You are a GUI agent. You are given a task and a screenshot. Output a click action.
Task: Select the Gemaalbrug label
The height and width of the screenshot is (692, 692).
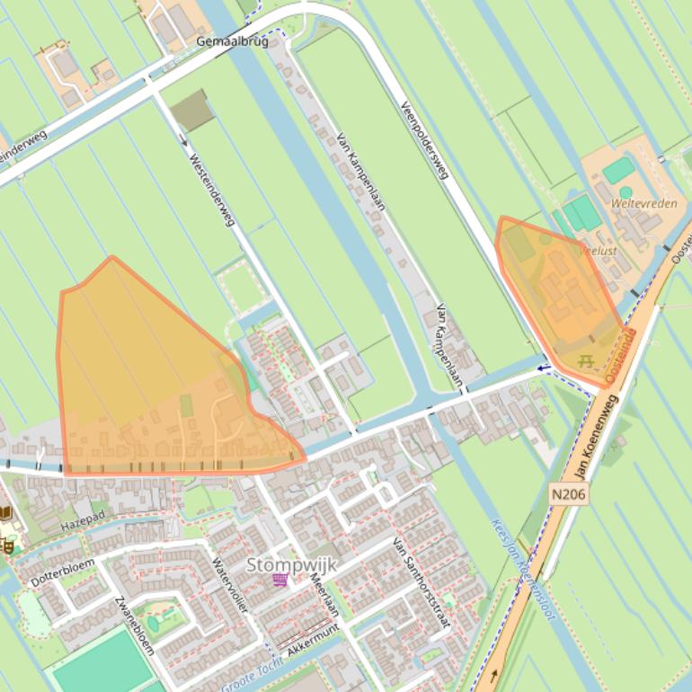232,42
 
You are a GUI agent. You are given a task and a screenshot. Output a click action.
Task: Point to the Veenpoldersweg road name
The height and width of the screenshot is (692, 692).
424,138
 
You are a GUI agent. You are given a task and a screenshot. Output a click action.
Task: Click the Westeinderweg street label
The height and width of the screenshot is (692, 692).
210,189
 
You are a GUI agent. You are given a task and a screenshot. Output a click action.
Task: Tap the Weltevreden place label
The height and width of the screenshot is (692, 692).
644,204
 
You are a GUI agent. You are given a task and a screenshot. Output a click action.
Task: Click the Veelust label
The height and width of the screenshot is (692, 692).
599,251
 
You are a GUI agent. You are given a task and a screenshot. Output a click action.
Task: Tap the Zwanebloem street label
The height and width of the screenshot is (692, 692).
135,625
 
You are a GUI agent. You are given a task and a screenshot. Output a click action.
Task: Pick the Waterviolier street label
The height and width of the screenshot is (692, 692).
229,585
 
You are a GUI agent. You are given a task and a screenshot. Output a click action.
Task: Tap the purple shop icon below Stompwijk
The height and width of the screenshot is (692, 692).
280,581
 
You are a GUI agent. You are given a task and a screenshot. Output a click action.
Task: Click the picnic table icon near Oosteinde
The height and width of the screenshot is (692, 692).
587,361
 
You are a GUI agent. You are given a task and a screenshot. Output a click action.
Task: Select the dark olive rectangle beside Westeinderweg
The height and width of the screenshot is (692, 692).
191,111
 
